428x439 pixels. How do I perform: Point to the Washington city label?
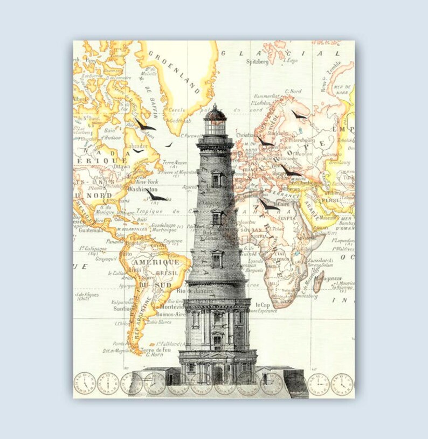(x=142, y=190)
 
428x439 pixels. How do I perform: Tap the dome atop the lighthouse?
(x=215, y=113)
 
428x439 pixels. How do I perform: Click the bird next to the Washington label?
(x=156, y=197)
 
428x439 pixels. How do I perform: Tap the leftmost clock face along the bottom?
(x=85, y=383)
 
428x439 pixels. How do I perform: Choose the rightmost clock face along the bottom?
(x=342, y=384)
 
